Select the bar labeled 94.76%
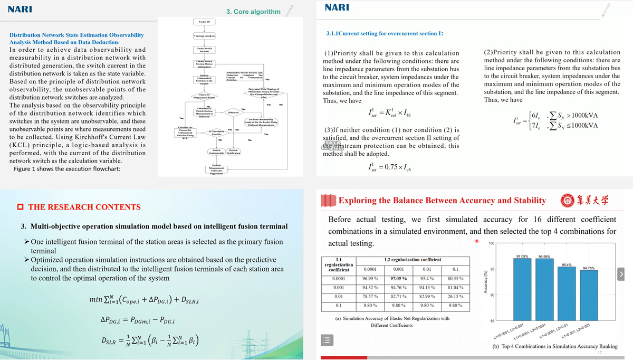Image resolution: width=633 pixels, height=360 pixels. click(588, 296)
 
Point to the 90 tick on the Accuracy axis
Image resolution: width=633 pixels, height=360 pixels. click(492, 295)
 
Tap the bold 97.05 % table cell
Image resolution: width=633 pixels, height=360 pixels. click(398, 278)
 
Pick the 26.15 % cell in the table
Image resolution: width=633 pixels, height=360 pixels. click(455, 297)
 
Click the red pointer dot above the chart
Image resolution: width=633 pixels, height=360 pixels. click(476, 242)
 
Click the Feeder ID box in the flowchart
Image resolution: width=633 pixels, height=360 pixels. click(204, 22)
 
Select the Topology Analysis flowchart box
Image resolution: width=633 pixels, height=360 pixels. click(204, 36)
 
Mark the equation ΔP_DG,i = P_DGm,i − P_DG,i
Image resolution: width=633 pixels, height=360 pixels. click(138, 320)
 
